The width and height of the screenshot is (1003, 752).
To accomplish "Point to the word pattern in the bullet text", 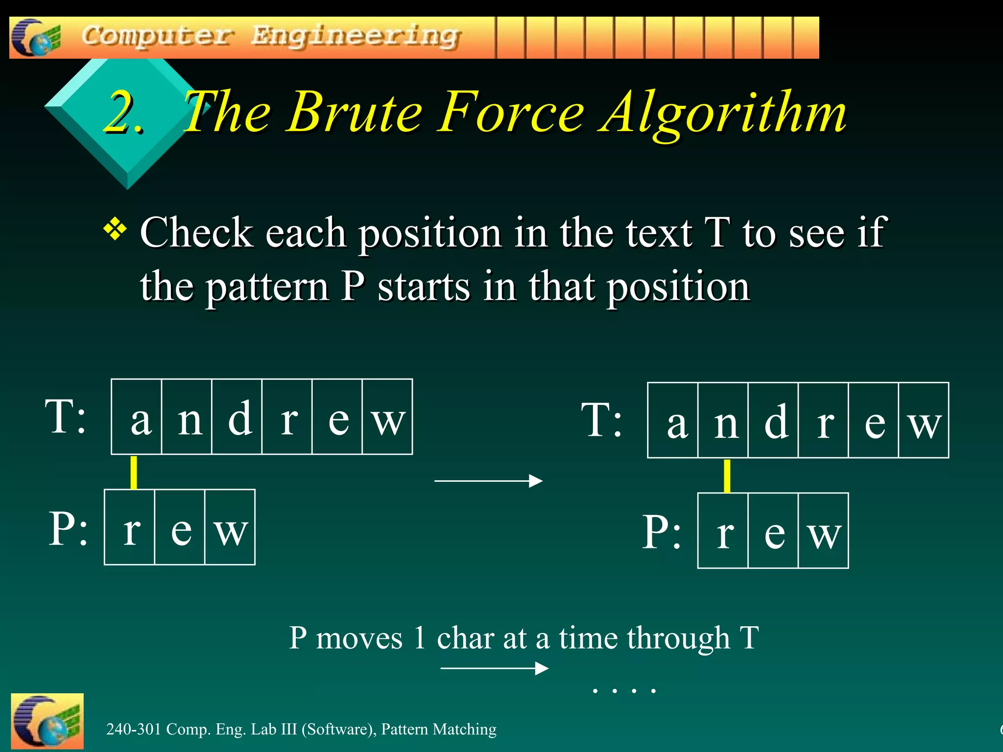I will click(x=267, y=286).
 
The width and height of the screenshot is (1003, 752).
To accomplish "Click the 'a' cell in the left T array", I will click(x=137, y=417).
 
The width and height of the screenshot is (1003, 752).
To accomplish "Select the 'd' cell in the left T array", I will click(x=237, y=417).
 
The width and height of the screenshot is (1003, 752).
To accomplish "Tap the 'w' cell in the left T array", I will click(x=387, y=417).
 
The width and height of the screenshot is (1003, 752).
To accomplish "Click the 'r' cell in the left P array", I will click(x=130, y=527).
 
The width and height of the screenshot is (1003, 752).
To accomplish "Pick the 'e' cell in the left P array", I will click(x=180, y=527).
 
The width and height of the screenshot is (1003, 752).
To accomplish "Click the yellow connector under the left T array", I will click(x=134, y=472).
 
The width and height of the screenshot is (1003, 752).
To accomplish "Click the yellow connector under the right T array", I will click(x=727, y=475).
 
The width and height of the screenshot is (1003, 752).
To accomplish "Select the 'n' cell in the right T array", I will click(x=723, y=421).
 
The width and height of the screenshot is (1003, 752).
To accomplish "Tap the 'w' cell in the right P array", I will click(x=823, y=531).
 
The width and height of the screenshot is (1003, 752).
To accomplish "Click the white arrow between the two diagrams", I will click(x=488, y=481).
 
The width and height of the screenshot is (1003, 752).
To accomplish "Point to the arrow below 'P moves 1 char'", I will click(x=494, y=668).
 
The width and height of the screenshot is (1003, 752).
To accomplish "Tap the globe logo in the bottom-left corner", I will click(x=47, y=721).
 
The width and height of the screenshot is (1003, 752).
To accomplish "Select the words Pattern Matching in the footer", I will click(x=439, y=729).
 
